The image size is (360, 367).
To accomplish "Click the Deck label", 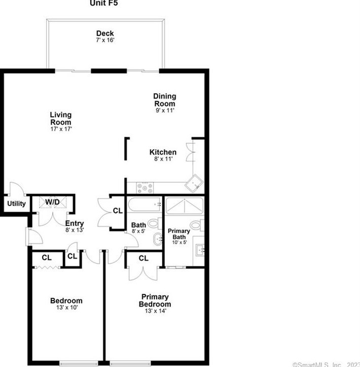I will point(105,34).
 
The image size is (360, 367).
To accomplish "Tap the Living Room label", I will point(60,118).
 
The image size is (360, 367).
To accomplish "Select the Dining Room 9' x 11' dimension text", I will point(165,110).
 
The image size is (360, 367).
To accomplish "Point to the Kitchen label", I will point(163,152).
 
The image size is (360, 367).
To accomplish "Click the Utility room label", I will point(16,204).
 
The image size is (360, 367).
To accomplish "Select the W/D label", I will point(52,202).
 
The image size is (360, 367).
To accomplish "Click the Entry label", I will point(75,223).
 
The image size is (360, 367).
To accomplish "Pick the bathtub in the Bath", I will point(144,205).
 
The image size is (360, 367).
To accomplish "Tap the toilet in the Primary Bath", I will point(196,225).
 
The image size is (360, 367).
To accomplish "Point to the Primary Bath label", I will point(179,234).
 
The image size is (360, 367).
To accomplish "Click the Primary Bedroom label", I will point(155,301).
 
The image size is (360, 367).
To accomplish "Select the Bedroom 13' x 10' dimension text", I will point(66,307).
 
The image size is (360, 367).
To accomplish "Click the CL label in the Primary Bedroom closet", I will point(143,258).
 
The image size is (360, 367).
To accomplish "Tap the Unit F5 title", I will point(105,3).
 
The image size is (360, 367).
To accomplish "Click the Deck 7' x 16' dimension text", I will point(105,40).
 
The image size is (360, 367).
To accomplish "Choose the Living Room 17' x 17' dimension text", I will point(60,129).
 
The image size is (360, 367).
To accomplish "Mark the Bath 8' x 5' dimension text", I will point(139,231).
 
